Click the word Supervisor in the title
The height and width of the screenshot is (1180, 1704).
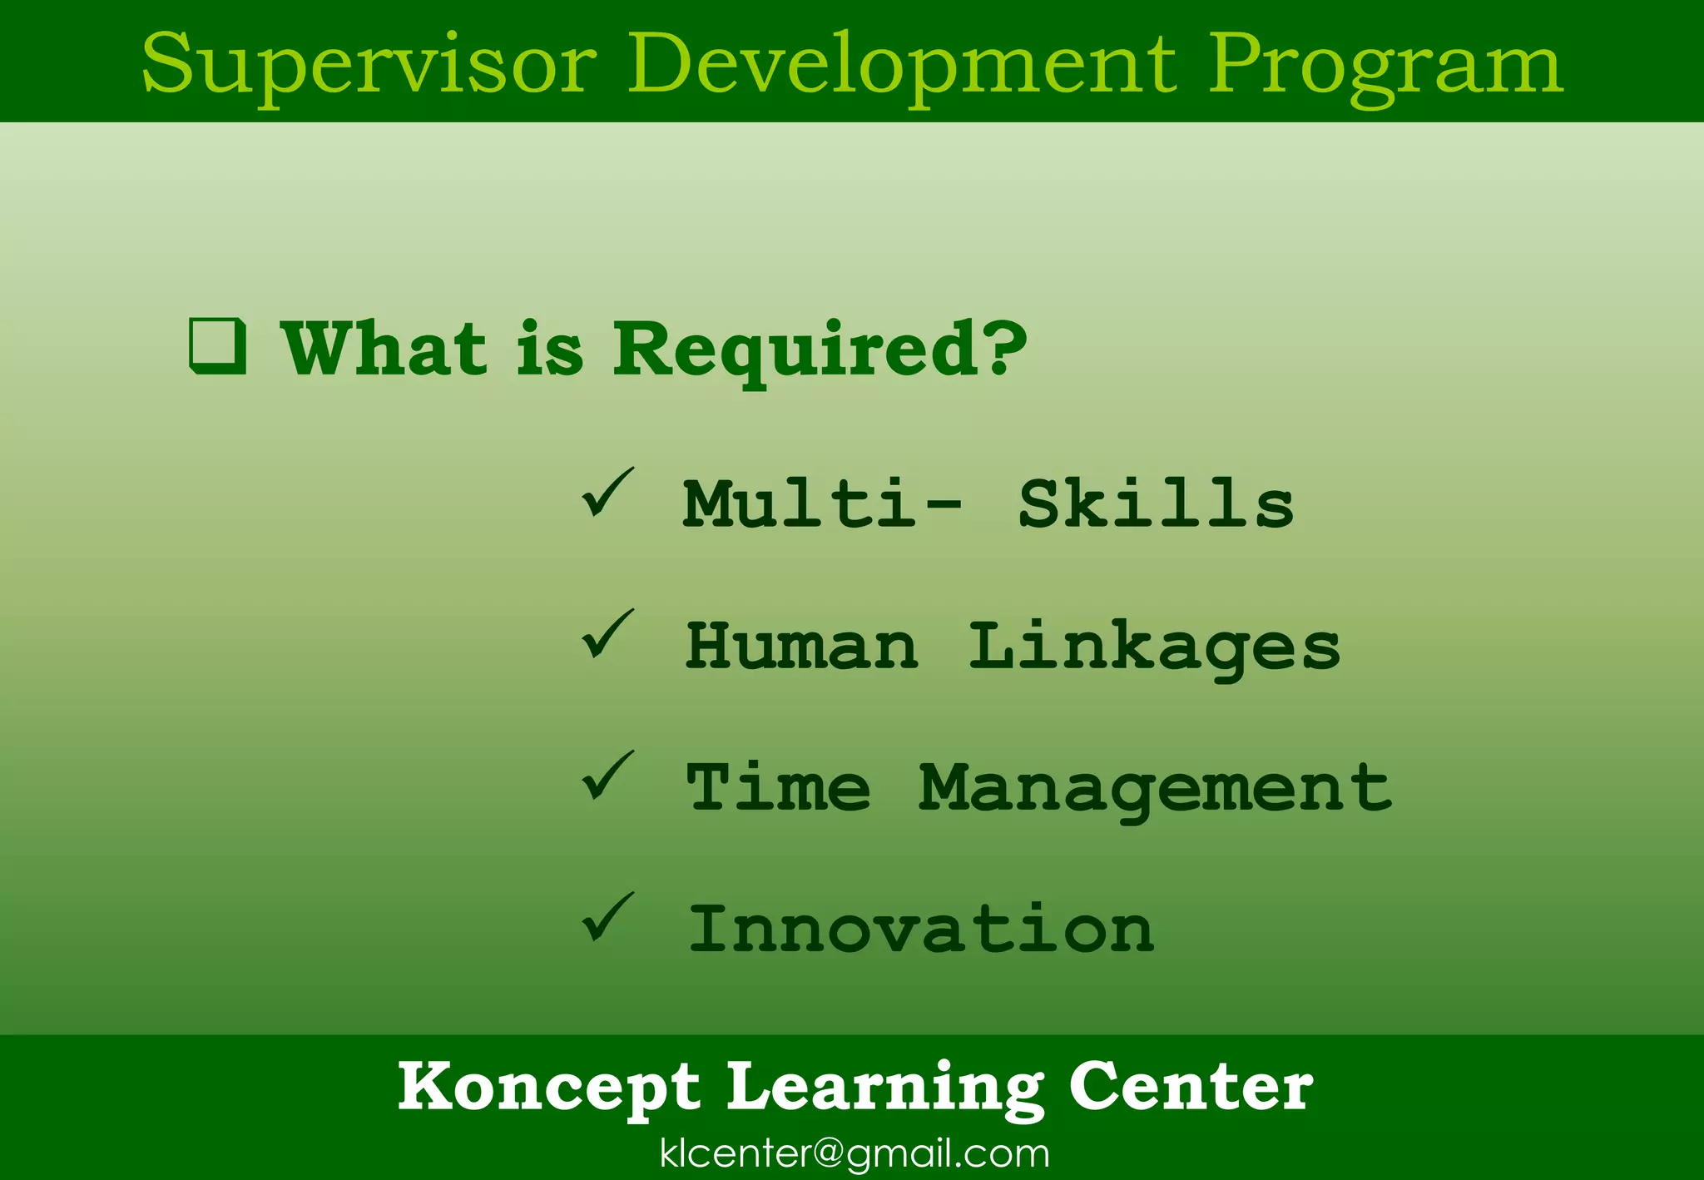pos(369,65)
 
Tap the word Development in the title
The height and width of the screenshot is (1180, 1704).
pos(902,65)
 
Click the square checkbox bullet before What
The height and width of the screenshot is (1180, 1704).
pos(218,345)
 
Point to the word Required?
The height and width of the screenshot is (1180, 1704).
pos(820,350)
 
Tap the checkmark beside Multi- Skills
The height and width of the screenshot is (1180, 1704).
pos(607,493)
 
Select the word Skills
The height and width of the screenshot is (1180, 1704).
pos(1156,504)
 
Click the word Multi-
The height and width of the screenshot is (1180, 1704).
pos(822,504)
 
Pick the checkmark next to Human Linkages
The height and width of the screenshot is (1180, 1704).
pos(607,634)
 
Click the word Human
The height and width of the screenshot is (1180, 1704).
pos(802,646)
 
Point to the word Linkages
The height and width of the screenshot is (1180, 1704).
pos(1154,647)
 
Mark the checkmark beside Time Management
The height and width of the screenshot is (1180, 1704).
pos(607,776)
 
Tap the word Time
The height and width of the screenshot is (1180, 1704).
pos(778,787)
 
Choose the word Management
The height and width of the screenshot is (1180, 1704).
pos(1155,789)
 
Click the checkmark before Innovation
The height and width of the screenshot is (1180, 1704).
pos(607,917)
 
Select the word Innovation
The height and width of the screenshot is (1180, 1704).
pos(921,929)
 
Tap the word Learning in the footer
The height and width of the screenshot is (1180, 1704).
pos(885,1087)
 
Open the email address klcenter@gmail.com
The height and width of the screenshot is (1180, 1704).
pos(854,1153)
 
